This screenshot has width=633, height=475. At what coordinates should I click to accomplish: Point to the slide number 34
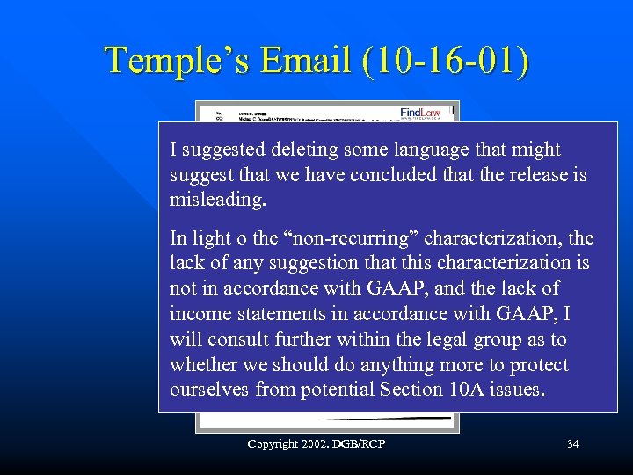(573, 444)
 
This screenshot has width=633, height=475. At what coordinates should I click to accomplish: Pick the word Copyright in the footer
(273, 444)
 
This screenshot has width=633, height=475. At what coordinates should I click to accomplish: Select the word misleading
(217, 200)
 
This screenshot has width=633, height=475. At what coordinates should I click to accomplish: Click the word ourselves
(207, 390)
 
